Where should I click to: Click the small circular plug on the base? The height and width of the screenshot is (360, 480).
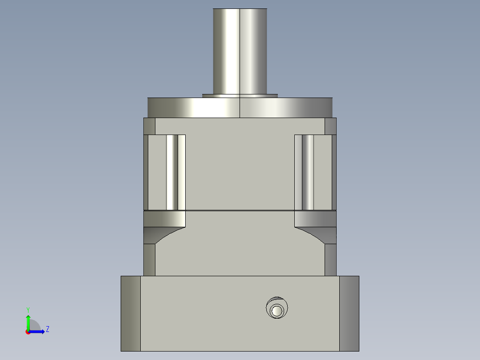[277, 310]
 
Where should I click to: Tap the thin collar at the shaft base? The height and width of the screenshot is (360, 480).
[240, 95]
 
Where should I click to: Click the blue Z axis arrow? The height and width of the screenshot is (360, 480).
[38, 331]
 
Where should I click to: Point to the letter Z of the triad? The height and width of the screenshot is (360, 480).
[47, 329]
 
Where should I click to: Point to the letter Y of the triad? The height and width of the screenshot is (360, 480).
[28, 309]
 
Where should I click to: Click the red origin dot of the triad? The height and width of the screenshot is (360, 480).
[28, 332]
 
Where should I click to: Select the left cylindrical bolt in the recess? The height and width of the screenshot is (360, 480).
[172, 172]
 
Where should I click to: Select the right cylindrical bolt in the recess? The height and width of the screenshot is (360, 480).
[308, 172]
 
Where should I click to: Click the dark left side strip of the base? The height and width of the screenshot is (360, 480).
[130, 313]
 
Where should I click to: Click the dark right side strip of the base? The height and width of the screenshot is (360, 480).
[349, 313]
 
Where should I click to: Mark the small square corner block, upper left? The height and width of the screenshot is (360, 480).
[150, 126]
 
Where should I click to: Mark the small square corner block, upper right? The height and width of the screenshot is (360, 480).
[330, 126]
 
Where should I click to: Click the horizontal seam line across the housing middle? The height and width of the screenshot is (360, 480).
[240, 210]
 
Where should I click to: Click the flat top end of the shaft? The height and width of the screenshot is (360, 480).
[240, 9]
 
